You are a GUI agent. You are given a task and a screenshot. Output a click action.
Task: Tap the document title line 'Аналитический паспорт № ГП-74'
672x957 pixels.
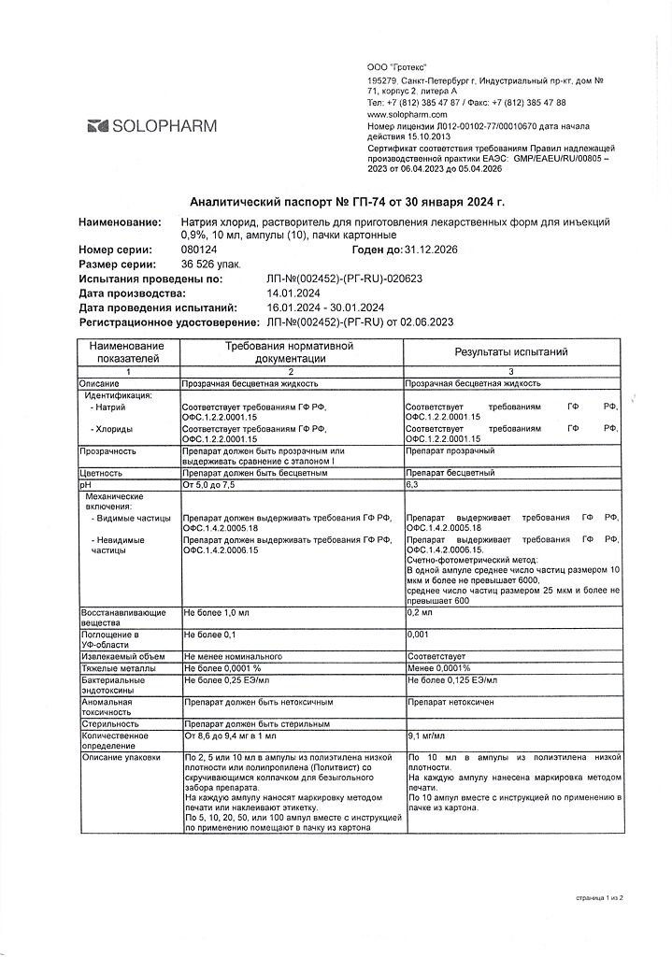tap(347, 201)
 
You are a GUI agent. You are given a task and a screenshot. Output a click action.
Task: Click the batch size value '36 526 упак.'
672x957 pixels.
tap(212, 264)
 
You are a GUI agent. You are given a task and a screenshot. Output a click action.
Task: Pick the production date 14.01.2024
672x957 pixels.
tap(294, 293)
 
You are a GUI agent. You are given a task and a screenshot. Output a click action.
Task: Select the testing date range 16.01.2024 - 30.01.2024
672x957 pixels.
tap(325, 307)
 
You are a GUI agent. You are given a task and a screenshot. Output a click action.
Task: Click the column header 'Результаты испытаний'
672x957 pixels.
tap(510, 352)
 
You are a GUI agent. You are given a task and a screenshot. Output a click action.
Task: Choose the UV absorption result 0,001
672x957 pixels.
tap(420, 635)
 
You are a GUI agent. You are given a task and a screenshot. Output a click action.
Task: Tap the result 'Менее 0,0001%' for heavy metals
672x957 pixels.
tap(439, 668)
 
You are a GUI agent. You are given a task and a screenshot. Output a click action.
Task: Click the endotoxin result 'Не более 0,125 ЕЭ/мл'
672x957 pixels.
tap(452, 680)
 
